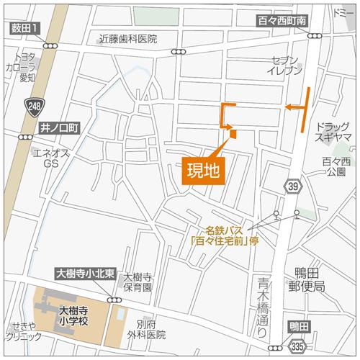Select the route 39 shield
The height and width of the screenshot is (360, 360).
coord(292,187)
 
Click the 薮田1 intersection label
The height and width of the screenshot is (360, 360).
coord(25,27)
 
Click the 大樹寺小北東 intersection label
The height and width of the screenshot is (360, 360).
coord(85,274)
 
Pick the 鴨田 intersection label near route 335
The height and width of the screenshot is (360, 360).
coord(297,326)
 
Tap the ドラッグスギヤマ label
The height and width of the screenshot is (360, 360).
coord(333,130)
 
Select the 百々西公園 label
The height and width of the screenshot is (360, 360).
coord(336,167)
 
